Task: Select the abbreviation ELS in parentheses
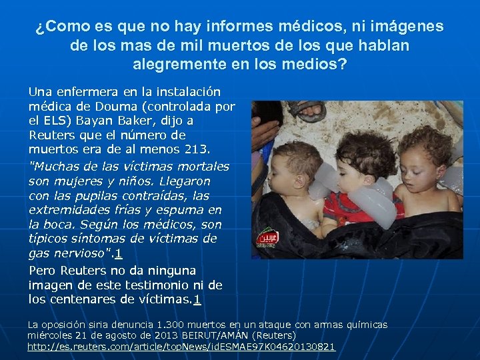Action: [54, 121]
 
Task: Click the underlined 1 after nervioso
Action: [118, 254]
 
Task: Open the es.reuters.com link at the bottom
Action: [181, 347]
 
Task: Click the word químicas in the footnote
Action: [365, 325]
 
